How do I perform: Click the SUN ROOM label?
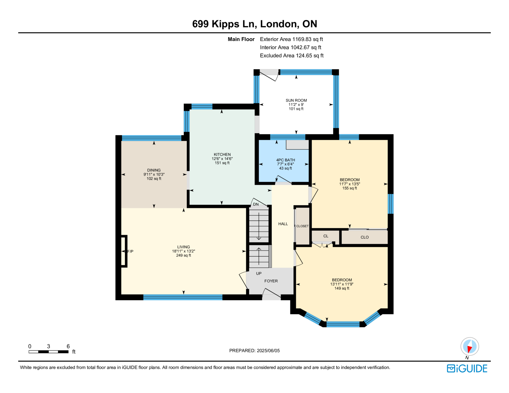tap(296, 100)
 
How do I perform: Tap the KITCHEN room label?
tap(222, 155)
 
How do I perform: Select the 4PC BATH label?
tap(286, 160)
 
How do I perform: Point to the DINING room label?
tap(154, 170)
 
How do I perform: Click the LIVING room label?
tap(184, 247)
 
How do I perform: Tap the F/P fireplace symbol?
tap(124, 251)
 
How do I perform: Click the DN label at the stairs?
tap(256, 204)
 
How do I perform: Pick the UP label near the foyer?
tap(259, 273)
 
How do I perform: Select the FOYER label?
tap(271, 281)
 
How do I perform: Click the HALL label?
tap(283, 224)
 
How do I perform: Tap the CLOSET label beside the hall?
tap(303, 226)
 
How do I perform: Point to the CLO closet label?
tap(365, 237)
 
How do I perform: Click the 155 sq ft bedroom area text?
tap(350, 188)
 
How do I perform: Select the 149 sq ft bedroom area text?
tap(342, 288)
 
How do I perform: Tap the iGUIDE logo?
tap(467, 369)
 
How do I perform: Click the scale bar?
tap(48, 352)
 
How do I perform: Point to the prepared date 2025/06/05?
tap(268, 351)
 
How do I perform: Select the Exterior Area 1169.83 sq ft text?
tap(291, 39)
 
